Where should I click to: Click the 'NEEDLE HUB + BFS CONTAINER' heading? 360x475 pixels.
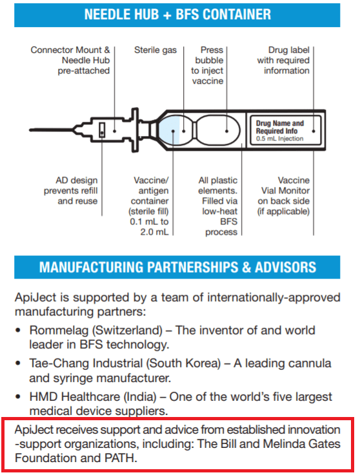pyautogui.click(x=177, y=15)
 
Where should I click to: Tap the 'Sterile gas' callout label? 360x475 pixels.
pyautogui.click(x=155, y=50)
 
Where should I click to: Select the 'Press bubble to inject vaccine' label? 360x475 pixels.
pyautogui.click(x=207, y=66)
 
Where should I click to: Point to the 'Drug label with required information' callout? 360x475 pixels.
pyautogui.click(x=283, y=61)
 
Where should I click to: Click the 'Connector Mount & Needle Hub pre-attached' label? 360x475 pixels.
pyautogui.click(x=70, y=61)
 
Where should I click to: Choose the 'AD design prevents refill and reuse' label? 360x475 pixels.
pyautogui.click(x=71, y=191)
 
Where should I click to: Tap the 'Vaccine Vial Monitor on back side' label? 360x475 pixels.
pyautogui.click(x=284, y=196)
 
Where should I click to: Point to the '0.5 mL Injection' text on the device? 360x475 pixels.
pyautogui.click(x=279, y=139)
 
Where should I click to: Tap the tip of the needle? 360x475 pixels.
pyautogui.click(x=30, y=130)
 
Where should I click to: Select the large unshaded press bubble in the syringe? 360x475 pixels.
pyautogui.click(x=218, y=130)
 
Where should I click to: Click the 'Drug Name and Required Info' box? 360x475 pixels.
pyautogui.click(x=284, y=130)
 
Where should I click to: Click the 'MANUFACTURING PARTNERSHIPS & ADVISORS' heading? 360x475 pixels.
pyautogui.click(x=177, y=267)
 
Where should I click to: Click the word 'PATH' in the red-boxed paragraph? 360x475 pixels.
pyautogui.click(x=121, y=458)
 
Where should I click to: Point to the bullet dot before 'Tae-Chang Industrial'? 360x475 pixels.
pyautogui.click(x=18, y=364)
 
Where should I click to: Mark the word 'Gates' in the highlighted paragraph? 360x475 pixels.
pyautogui.click(x=325, y=444)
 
